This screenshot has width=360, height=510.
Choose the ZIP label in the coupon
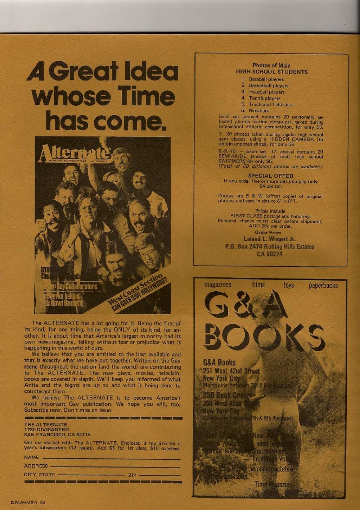point(132,475)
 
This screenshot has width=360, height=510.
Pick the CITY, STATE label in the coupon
point(40,475)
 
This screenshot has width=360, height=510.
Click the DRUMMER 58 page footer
point(28,502)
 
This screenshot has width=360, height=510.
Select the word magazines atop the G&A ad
point(218,285)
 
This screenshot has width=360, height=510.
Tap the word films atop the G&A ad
point(258,285)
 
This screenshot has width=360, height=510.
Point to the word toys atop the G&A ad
point(288,285)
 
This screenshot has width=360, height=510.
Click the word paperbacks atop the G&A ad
point(323,286)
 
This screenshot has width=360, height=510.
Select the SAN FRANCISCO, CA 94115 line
point(57,434)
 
